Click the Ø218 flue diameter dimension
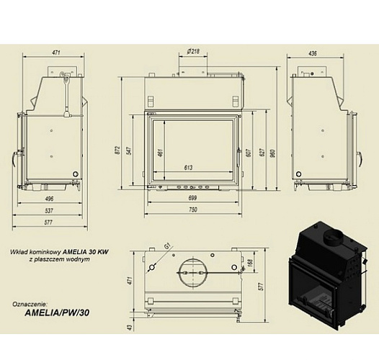(x=193, y=51)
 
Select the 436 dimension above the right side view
(x=314, y=53)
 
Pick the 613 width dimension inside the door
(x=188, y=167)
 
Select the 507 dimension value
(x=249, y=153)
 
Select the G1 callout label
(x=167, y=247)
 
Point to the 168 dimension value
(x=249, y=264)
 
